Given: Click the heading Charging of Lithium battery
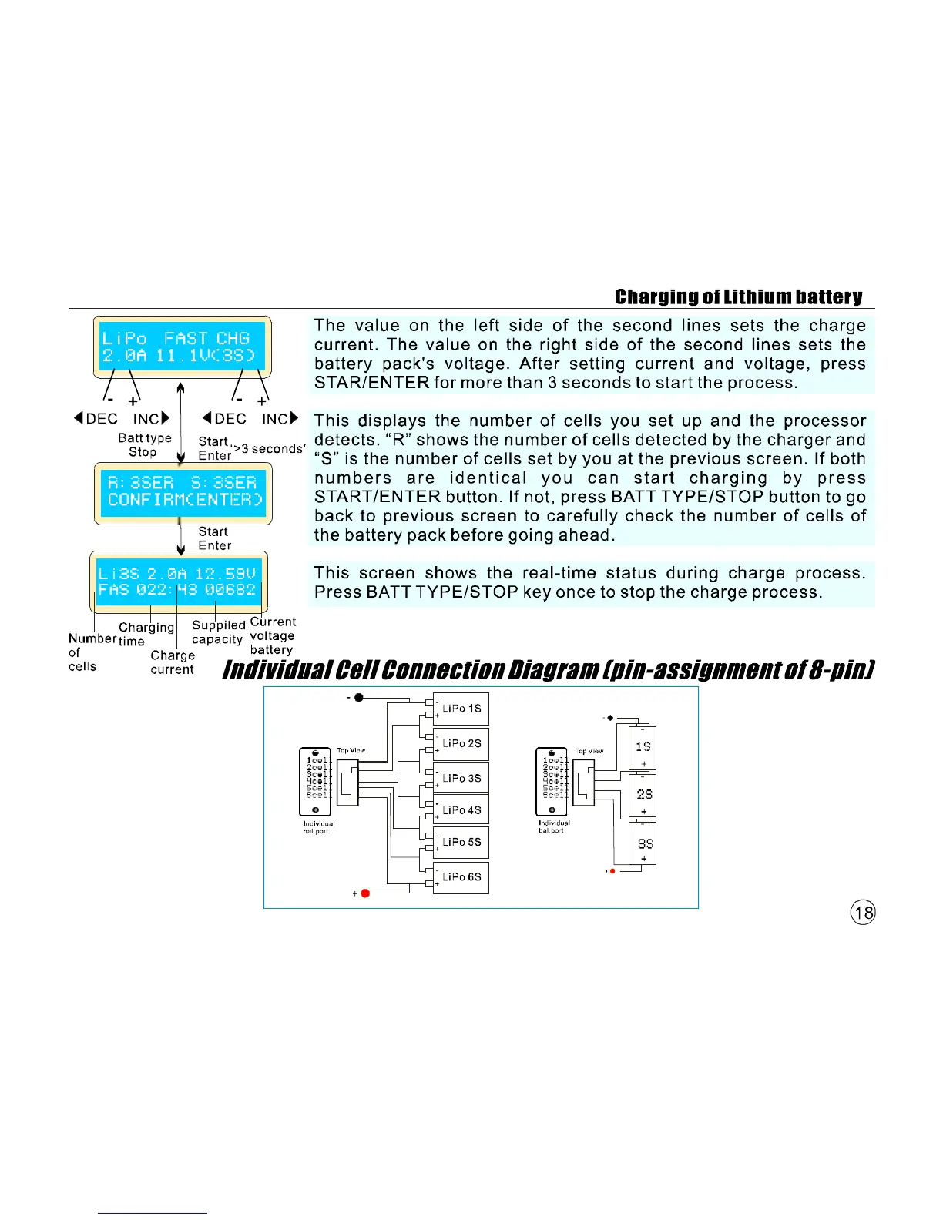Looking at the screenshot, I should (x=738, y=297).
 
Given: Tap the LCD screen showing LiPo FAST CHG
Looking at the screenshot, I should (x=182, y=347).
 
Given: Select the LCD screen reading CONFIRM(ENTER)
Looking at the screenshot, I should (x=183, y=492).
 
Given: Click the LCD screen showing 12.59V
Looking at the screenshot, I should (x=178, y=582).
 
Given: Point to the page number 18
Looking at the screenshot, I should (x=863, y=913).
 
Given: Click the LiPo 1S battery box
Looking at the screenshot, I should (x=461, y=709).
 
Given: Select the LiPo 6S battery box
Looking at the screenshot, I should (x=461, y=877).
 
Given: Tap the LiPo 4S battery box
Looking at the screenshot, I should (x=461, y=810).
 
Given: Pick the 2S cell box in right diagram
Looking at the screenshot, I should (x=643, y=795).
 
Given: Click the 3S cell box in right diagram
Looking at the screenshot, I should (x=643, y=844).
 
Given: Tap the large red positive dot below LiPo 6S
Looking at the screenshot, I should (x=365, y=893).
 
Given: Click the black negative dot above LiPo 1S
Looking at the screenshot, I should (x=359, y=697).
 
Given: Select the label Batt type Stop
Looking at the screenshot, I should (x=144, y=445).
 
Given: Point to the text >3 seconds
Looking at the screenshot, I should (x=269, y=448).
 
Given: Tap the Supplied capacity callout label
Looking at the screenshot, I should (x=218, y=632).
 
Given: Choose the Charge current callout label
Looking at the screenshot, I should (x=172, y=662).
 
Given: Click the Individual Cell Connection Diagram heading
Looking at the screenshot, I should (x=548, y=670).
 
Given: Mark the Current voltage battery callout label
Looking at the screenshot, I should (x=272, y=635).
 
